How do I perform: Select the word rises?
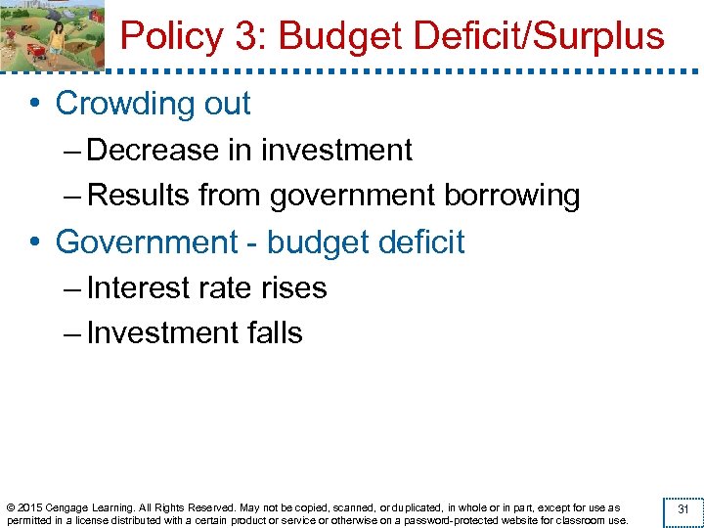click(293, 288)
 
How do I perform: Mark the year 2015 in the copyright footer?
click(30, 507)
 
